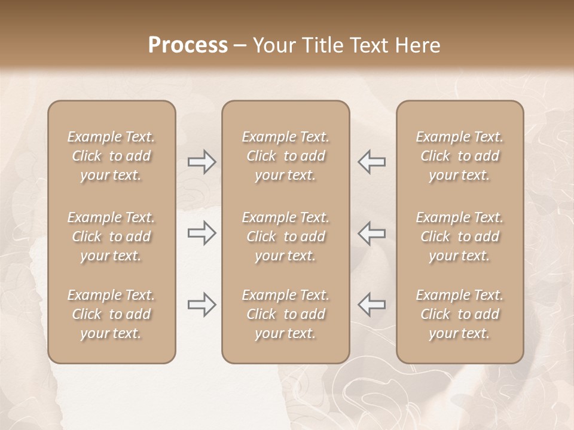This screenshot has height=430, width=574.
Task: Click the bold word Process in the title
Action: tap(188, 45)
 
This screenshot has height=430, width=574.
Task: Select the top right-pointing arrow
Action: tap(202, 162)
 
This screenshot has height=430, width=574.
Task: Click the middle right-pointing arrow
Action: tap(202, 233)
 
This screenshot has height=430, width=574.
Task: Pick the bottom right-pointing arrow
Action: tap(202, 305)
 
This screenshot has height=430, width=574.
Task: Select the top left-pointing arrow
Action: tap(371, 162)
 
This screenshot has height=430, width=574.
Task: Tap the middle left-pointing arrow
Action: tap(371, 233)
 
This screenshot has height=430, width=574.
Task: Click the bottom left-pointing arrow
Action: tap(371, 305)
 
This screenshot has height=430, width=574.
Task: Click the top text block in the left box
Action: tap(111, 156)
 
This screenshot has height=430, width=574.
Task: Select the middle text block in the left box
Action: tap(111, 236)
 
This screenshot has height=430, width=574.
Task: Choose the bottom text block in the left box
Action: tap(111, 314)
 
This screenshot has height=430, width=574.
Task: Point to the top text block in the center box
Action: tap(286, 156)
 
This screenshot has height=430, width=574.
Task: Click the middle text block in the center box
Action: tap(286, 236)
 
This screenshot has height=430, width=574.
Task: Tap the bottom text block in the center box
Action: tap(286, 314)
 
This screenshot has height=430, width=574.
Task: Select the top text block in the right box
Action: tap(460, 156)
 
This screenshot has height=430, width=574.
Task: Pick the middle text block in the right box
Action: tap(460, 236)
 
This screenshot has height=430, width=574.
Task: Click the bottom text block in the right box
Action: tap(460, 314)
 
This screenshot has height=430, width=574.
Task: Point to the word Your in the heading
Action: tap(273, 45)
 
